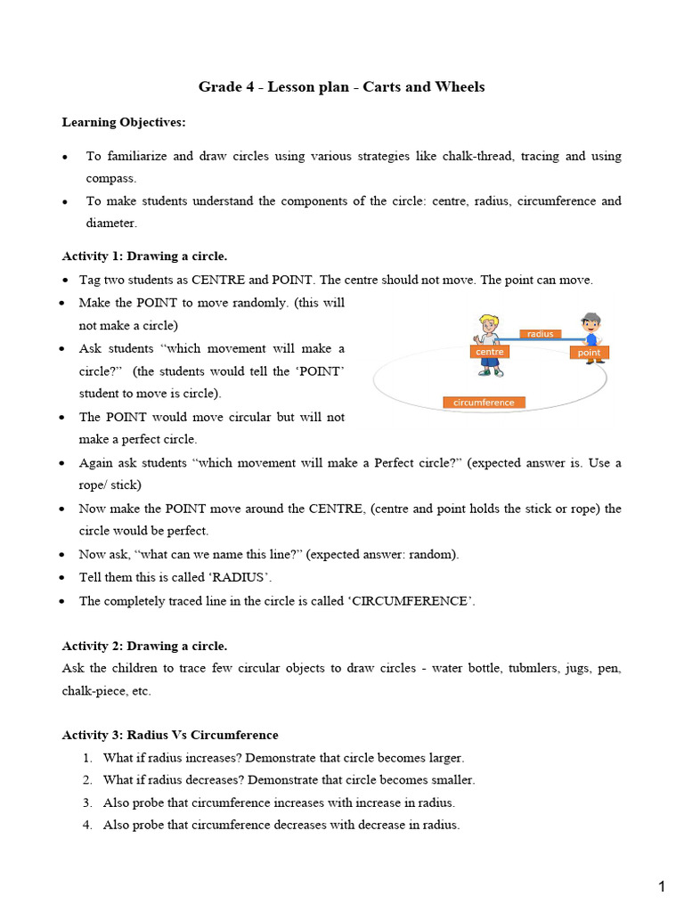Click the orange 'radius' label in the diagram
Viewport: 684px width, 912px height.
[x=540, y=334]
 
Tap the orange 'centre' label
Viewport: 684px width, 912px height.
[x=490, y=352]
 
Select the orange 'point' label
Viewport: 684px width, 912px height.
[x=589, y=353]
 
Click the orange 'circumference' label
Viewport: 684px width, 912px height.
[x=484, y=403]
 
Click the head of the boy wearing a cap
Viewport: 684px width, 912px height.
[x=590, y=322]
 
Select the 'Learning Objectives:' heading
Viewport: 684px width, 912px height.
[x=124, y=121]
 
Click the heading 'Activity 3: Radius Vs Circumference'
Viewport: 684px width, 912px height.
[x=170, y=735]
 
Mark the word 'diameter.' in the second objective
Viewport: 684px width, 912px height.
[x=110, y=224]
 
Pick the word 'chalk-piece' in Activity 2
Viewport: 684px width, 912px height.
[x=94, y=690]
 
